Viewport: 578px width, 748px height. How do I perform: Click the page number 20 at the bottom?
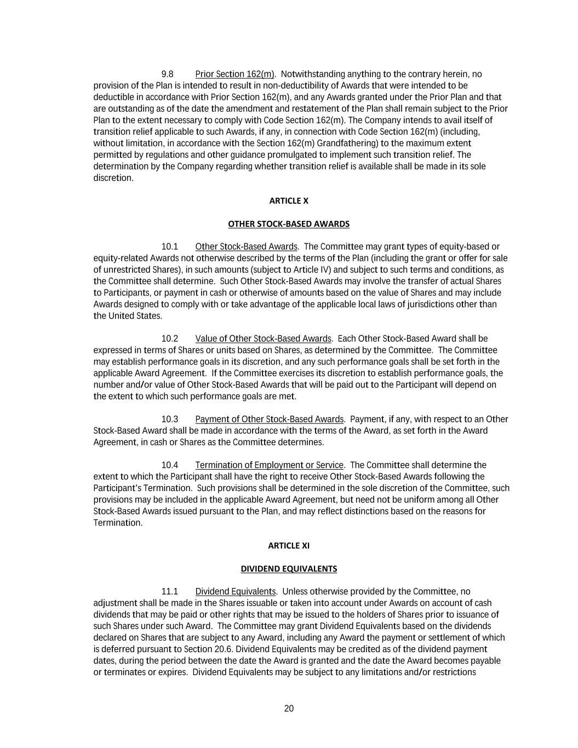(289, 709)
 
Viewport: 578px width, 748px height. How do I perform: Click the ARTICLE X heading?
(289, 201)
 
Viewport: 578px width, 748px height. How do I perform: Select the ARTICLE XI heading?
(289, 546)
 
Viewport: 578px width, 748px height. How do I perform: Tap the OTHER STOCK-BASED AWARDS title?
(289, 224)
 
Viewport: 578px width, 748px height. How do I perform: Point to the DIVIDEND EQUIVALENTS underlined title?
(289, 569)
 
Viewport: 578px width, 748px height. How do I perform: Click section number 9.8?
(167, 75)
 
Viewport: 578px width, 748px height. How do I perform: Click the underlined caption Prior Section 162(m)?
(234, 75)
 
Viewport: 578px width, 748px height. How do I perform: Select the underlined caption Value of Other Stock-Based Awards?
(263, 339)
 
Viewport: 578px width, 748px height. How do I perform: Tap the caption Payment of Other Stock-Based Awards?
(269, 420)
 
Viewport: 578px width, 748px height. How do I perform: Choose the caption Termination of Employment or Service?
(269, 465)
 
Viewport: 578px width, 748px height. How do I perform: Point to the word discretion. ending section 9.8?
(113, 178)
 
